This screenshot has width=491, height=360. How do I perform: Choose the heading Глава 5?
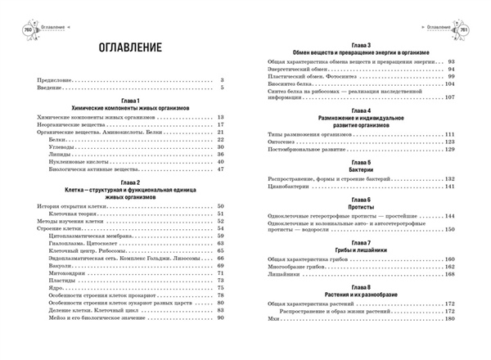(361, 162)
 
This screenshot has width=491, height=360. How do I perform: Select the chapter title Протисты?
(361, 207)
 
